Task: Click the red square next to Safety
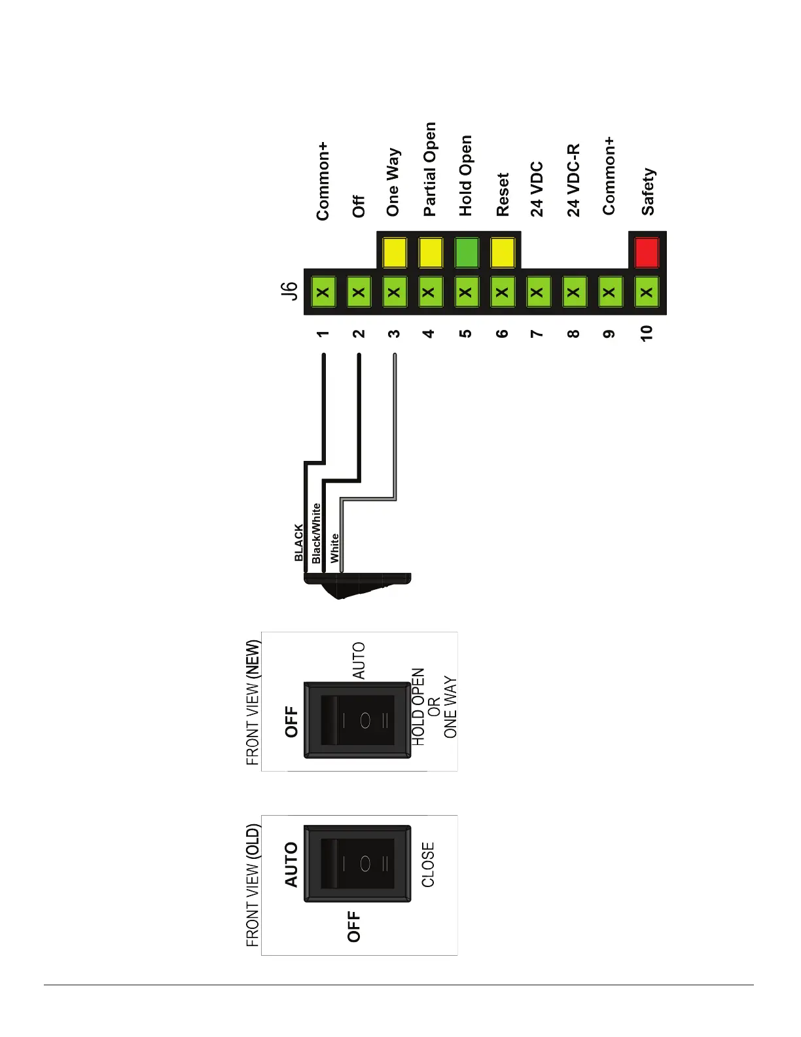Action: click(647, 253)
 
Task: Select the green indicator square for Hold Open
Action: click(466, 253)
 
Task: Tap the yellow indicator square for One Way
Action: click(394, 253)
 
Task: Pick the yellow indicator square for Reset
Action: click(502, 253)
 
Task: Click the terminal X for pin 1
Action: click(323, 293)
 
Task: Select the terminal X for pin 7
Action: click(537, 293)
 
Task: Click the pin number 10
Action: click(647, 333)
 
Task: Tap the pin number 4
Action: click(429, 333)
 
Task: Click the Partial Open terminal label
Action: click(429, 170)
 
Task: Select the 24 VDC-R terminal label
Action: click(573, 181)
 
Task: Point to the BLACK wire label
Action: click(299, 543)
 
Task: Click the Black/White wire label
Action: click(317, 533)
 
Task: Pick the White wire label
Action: click(334, 548)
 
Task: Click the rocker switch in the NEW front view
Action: click(357, 720)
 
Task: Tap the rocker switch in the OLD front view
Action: click(357, 864)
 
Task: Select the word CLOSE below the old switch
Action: click(428, 864)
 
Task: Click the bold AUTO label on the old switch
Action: click(291, 865)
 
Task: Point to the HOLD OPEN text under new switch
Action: click(418, 706)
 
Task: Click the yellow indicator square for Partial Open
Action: click(430, 253)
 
